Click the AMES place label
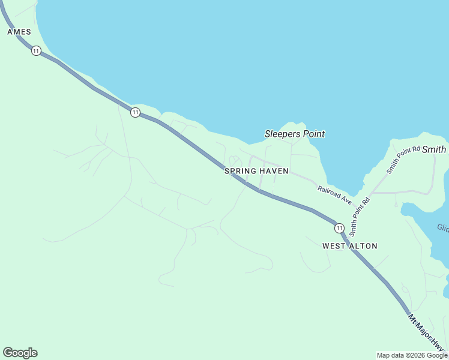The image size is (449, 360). tap(19, 32)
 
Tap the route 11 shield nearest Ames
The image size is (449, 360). tap(37, 51)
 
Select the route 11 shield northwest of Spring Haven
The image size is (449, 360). tap(135, 112)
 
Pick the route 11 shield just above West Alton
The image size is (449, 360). tap(339, 228)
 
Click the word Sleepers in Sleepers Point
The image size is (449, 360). tap(283, 134)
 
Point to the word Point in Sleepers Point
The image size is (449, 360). tap(313, 134)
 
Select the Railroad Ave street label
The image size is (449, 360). tap(334, 194)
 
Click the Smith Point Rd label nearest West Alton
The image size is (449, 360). tap(360, 215)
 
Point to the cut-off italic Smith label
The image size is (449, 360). tap(435, 149)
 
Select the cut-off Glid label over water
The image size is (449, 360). tap(443, 227)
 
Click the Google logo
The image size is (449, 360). tap(20, 353)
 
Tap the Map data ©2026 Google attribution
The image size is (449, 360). tap(412, 355)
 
